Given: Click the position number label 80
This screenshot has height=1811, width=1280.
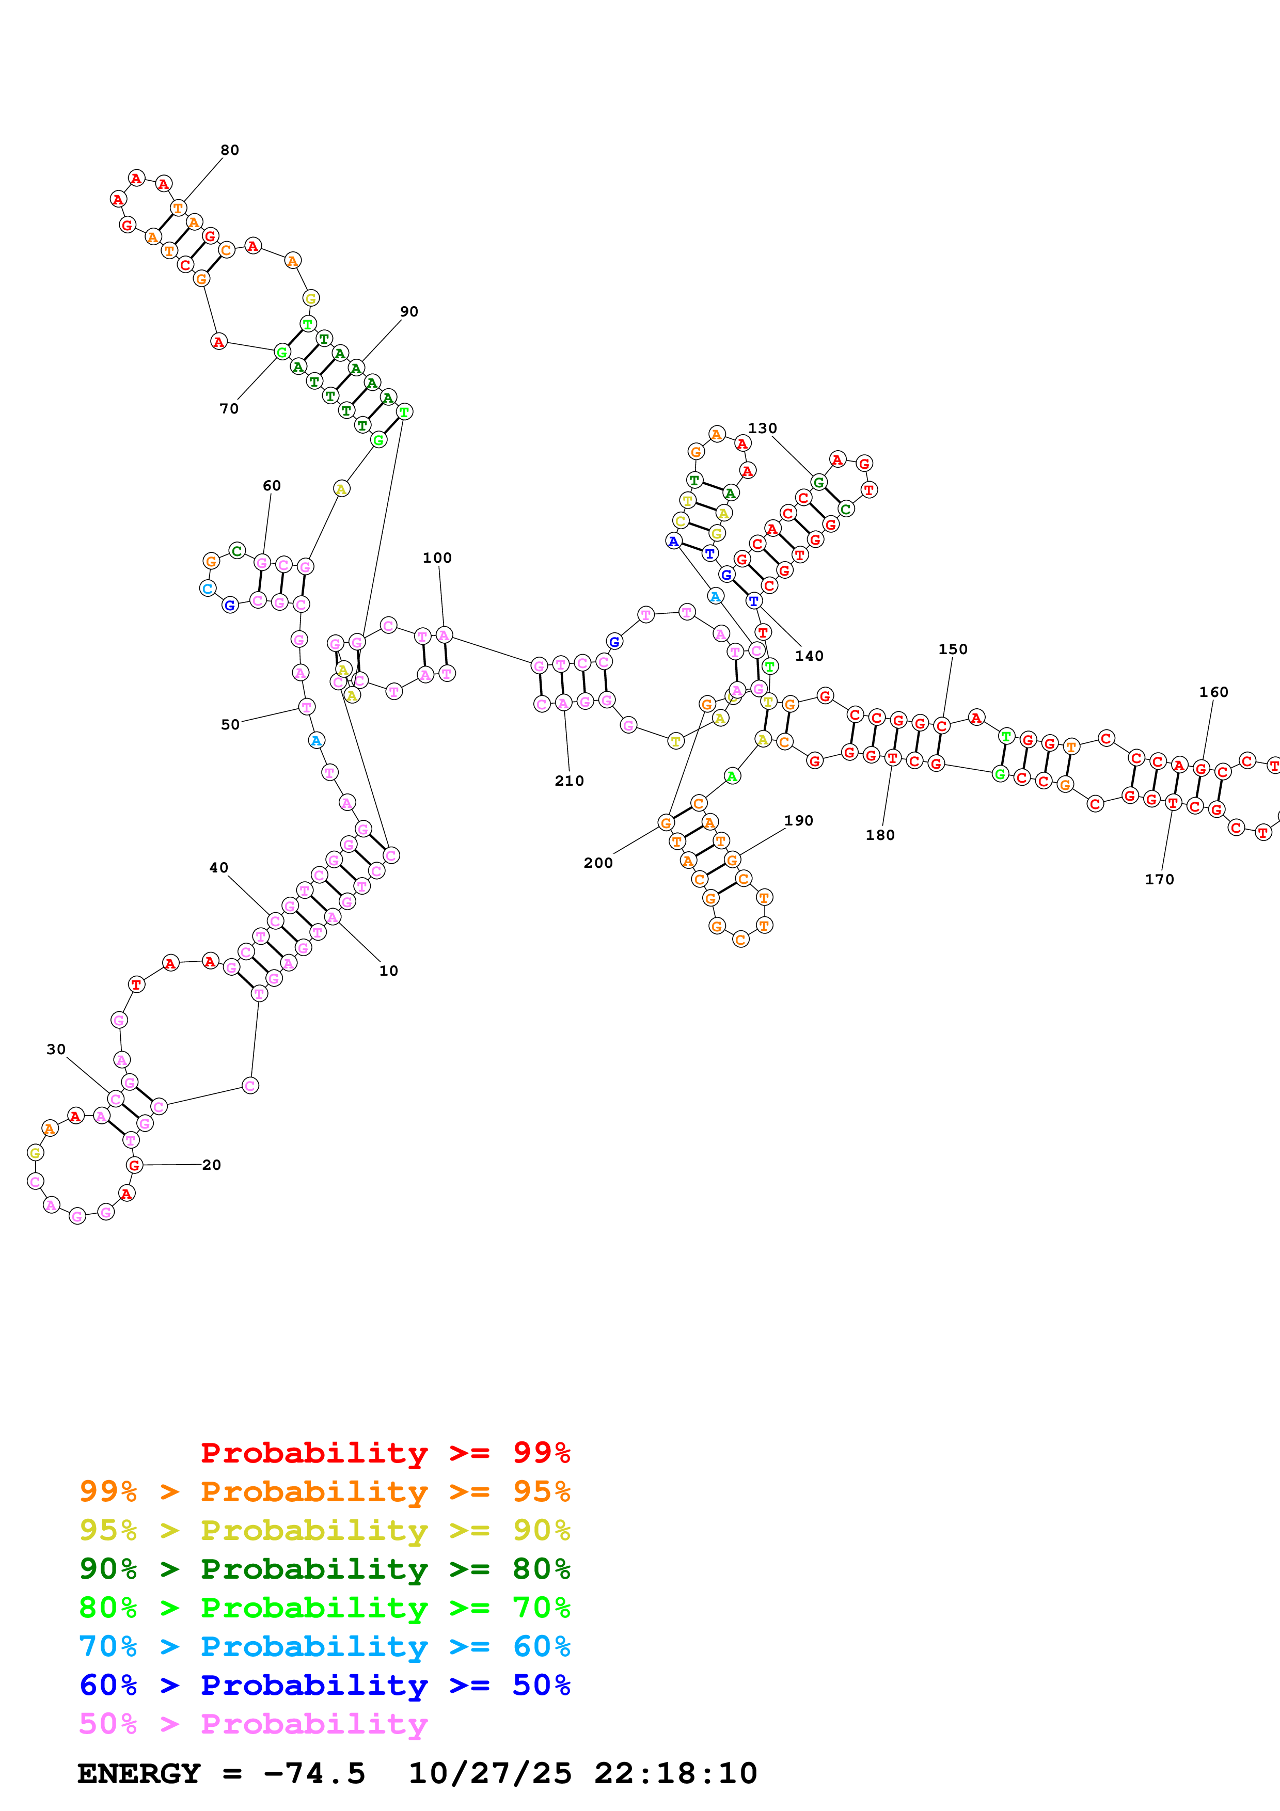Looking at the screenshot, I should click(x=229, y=150).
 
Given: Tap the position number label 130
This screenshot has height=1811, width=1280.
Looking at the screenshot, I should click(x=762, y=428).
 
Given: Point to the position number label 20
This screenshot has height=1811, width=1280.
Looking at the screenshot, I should click(x=211, y=1165).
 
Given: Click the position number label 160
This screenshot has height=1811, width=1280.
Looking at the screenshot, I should click(x=1213, y=692).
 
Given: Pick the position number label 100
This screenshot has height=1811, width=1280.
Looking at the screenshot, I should click(x=437, y=558).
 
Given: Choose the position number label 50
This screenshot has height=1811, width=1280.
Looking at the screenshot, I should click(x=229, y=724).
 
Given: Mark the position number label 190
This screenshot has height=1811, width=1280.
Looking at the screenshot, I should click(x=798, y=820).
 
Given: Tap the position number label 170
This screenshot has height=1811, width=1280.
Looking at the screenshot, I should click(x=1159, y=880).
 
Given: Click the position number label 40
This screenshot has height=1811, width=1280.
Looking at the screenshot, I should click(x=218, y=868).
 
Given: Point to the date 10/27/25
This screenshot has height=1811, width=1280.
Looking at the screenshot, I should click(x=490, y=1773).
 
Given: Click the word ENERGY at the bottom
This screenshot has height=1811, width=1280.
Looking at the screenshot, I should click(x=139, y=1773).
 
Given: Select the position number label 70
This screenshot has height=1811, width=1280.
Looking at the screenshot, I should click(x=229, y=408).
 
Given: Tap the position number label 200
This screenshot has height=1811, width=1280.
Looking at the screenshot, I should click(x=598, y=863).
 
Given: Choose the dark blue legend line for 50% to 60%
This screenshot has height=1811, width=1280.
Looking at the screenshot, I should click(x=324, y=1685).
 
